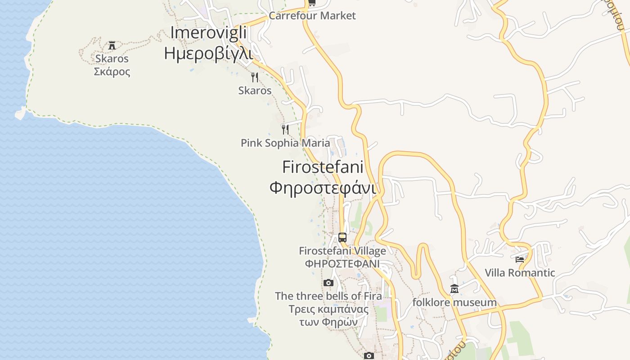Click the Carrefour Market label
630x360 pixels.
coord(312,16)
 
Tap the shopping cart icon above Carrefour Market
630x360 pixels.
coord(312,3)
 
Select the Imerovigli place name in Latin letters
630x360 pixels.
coord(209,33)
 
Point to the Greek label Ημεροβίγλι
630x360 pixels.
coord(208,53)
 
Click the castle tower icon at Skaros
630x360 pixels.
coord(112,45)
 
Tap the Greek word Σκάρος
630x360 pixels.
coord(112,72)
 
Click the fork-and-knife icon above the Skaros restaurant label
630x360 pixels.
coord(255,77)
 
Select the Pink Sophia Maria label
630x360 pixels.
coord(285,143)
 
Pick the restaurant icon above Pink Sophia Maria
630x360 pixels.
coord(285,130)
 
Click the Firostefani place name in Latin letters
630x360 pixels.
coord(322,167)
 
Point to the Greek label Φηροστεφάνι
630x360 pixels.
coord(322,187)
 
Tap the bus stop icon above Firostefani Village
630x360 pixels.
coord(342,237)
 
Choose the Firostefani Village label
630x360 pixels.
coord(342,251)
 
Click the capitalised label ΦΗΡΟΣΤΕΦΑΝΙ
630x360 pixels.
coord(342,264)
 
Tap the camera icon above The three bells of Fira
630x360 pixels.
coord(328,283)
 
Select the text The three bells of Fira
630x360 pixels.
coord(328,296)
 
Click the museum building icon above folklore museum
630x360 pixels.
coord(454,289)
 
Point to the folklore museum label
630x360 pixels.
coord(454,302)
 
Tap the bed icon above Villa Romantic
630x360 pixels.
coord(520,259)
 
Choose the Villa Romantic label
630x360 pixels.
coord(520,273)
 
